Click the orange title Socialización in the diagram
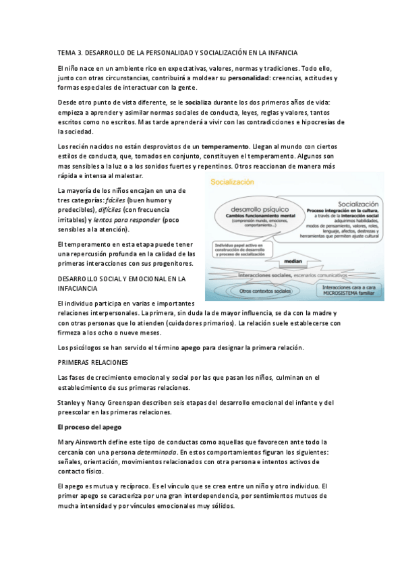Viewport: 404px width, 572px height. click(x=233, y=182)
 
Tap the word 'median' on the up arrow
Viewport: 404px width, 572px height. click(x=311, y=258)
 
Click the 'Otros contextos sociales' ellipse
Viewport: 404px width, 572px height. click(x=250, y=290)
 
